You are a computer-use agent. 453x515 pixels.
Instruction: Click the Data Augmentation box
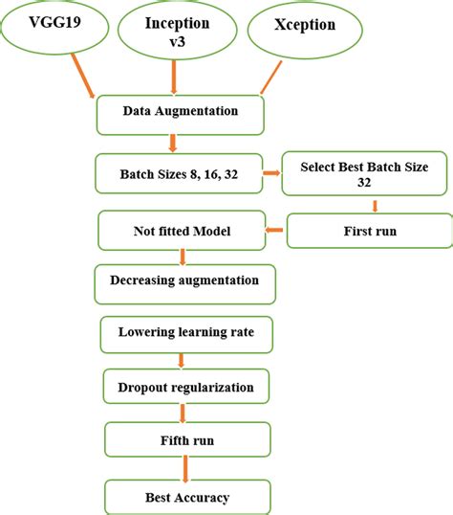pos(180,113)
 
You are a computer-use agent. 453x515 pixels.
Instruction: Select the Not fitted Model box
pos(180,231)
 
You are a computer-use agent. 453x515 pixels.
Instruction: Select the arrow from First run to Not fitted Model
pos(273,231)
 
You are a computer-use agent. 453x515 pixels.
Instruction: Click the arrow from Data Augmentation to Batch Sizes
pos(173,143)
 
